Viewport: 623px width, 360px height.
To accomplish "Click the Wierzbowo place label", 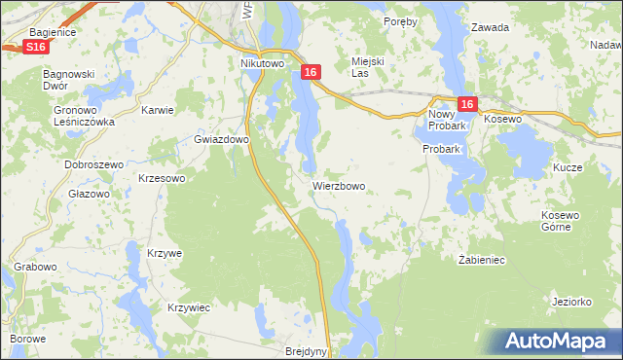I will click(x=339, y=185).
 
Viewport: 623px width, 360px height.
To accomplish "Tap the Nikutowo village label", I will click(x=261, y=64).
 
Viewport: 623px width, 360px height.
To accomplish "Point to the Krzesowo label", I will click(x=162, y=178).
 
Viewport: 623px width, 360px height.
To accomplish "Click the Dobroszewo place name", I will click(x=92, y=164).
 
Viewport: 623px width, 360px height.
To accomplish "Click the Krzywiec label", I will click(x=189, y=307).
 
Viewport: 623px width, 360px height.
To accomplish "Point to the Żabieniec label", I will click(x=481, y=260).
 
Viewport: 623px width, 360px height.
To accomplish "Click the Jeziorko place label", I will click(x=571, y=302).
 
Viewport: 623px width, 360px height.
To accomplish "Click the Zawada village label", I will click(x=490, y=27).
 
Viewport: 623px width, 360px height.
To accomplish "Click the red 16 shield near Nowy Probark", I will click(x=466, y=105).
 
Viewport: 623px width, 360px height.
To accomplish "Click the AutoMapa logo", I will click(x=558, y=341).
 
